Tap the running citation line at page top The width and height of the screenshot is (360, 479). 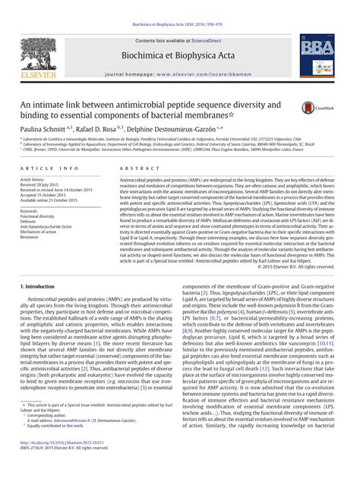180,5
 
